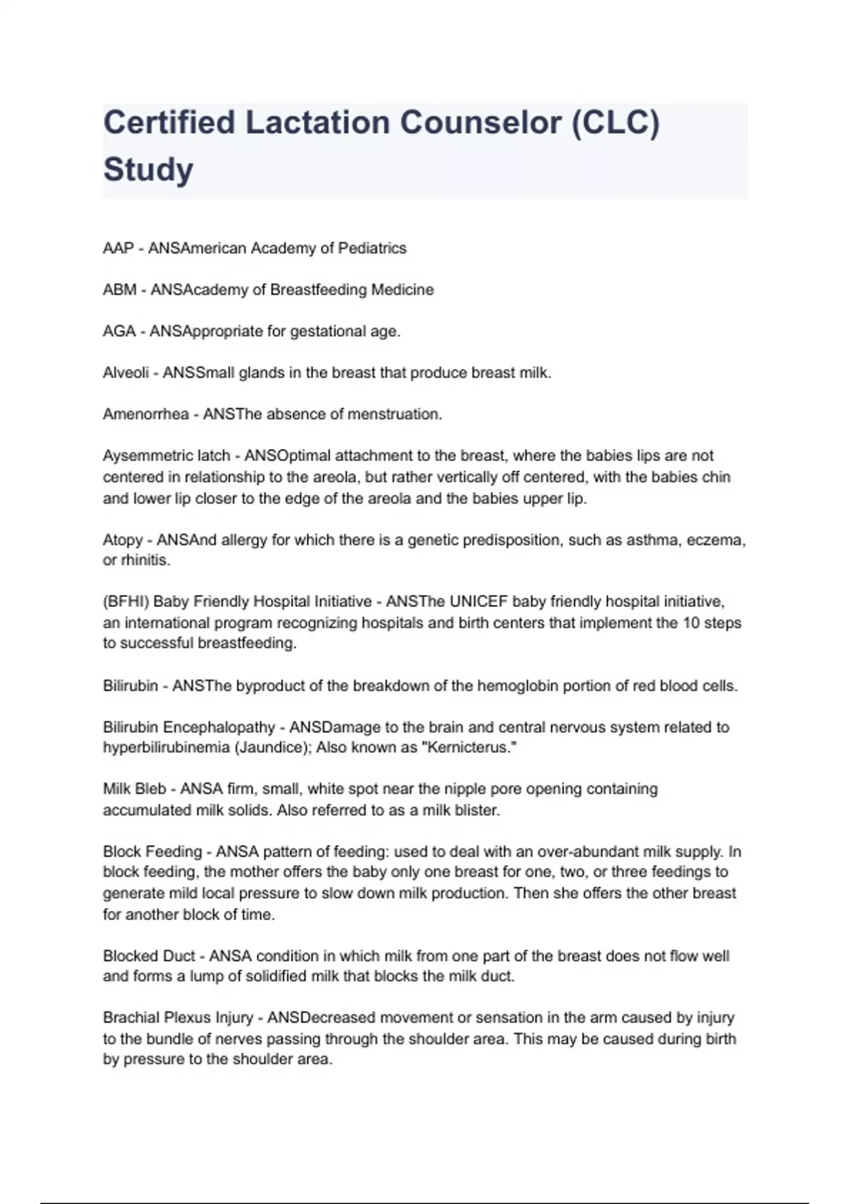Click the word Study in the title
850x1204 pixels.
coord(148,170)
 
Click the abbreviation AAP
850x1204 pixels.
coord(118,249)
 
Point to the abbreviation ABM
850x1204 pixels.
coord(120,290)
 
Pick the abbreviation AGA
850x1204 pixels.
coord(119,331)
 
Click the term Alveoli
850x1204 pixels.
coord(125,373)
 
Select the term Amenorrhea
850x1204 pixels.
coord(145,414)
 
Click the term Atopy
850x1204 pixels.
coord(123,540)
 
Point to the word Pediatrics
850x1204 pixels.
coord(373,249)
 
